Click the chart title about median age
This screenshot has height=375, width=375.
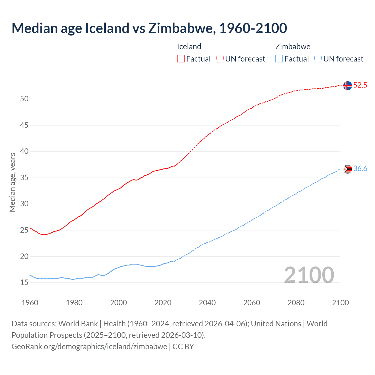(149, 28)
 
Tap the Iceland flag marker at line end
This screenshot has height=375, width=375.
(347, 86)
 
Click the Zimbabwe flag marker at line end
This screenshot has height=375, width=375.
(347, 169)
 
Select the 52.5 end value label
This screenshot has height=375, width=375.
(360, 85)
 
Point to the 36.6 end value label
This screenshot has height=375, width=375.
(360, 169)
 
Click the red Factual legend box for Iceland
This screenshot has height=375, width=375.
(181, 59)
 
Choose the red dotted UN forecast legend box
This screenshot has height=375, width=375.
(220, 59)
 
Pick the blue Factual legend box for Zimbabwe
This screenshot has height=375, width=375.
(279, 59)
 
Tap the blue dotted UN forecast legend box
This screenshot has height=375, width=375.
(318, 59)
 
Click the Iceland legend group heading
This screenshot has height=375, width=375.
(189, 47)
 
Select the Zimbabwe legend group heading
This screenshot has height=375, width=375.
(293, 47)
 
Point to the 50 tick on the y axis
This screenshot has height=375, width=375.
(24, 99)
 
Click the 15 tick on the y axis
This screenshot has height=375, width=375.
(24, 283)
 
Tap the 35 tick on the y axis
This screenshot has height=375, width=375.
(24, 178)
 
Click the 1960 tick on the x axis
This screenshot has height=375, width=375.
(30, 303)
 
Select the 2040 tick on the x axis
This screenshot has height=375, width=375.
(207, 303)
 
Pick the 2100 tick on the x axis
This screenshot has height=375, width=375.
(340, 303)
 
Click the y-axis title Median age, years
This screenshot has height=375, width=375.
(12, 182)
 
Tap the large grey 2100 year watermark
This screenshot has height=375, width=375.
(309, 275)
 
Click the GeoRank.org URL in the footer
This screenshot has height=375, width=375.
(89, 346)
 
